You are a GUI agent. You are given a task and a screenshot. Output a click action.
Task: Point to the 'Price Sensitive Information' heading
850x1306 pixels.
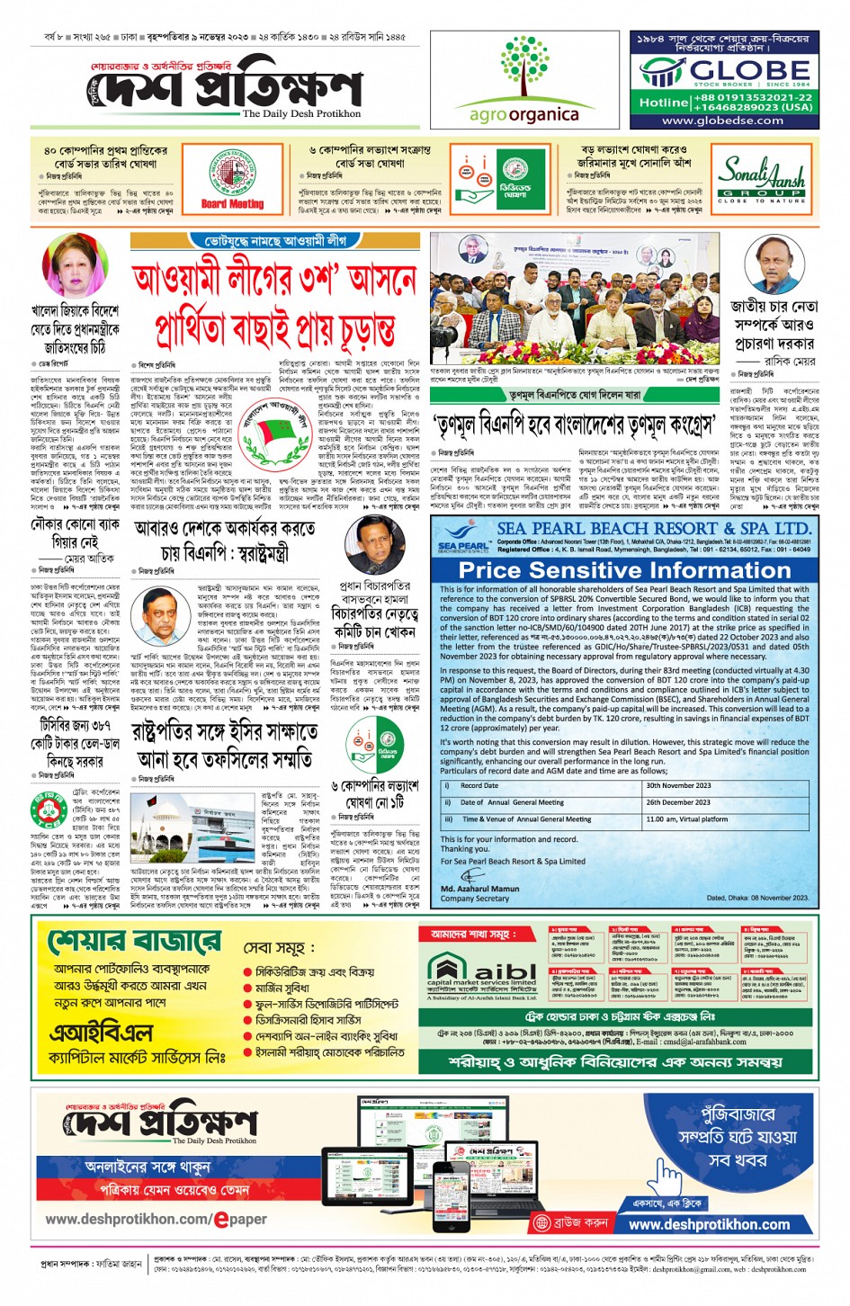624,570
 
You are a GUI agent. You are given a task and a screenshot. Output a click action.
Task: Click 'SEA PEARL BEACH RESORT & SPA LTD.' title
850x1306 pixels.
654,528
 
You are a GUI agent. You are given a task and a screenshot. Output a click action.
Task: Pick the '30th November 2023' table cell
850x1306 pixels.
678,785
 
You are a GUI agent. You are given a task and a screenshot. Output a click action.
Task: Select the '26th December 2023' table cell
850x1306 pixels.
678,802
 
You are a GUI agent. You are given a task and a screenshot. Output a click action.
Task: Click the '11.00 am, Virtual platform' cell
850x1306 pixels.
687,819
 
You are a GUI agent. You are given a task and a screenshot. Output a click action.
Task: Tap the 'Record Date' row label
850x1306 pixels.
479,785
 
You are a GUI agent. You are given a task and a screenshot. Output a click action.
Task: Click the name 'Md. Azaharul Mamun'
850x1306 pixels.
479,889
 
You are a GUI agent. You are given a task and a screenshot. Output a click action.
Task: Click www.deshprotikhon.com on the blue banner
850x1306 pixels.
709,1224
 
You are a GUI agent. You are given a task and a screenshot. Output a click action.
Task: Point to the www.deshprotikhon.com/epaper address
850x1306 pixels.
156,1220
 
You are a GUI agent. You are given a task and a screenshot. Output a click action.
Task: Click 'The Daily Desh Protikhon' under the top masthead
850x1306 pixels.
301,114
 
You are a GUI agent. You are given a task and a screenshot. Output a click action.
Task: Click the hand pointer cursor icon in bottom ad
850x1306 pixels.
667,1173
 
